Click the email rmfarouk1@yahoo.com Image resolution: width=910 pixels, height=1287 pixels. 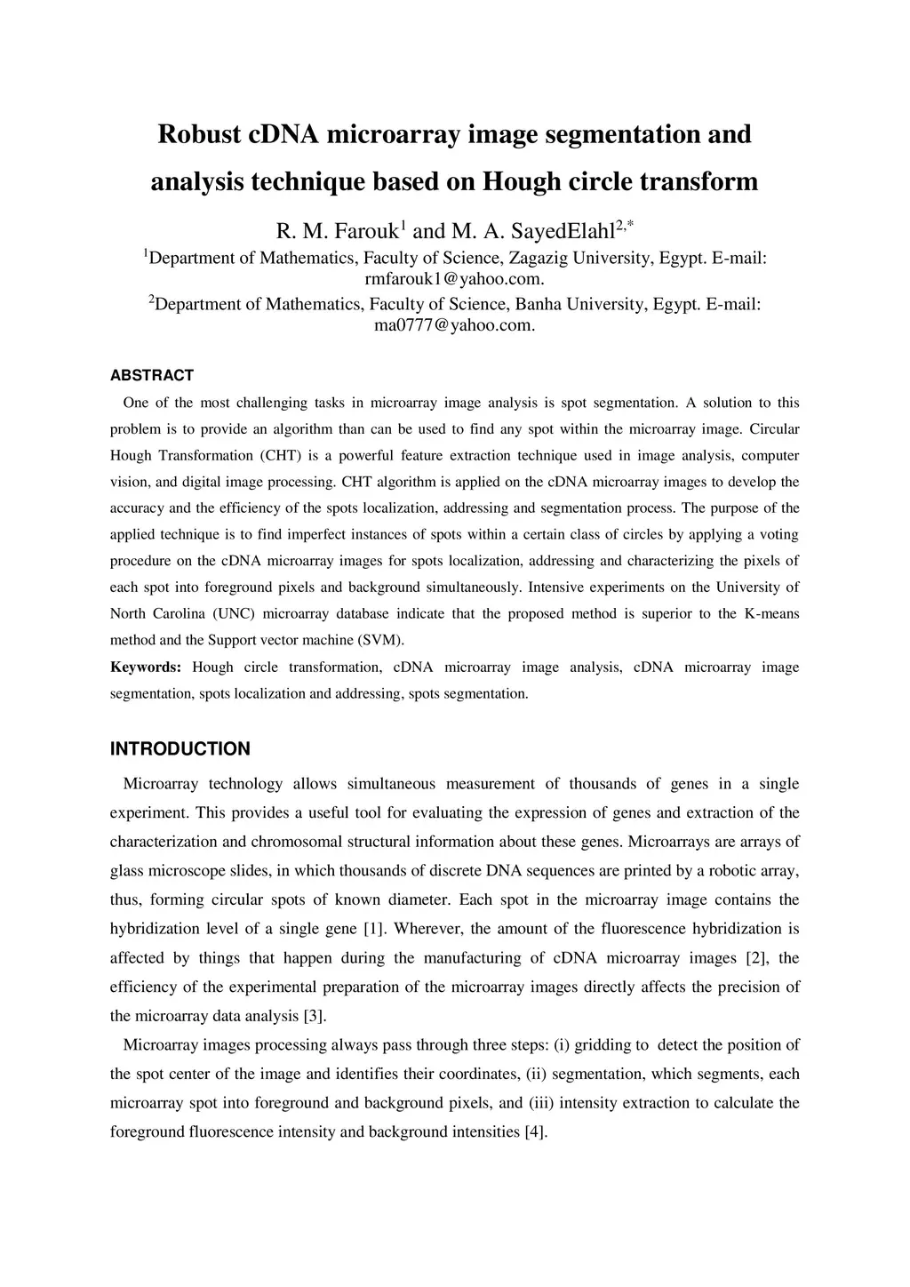pyautogui.click(x=454, y=278)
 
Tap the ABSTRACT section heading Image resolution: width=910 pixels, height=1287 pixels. pyautogui.click(x=152, y=376)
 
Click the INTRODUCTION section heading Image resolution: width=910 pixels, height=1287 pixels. pyautogui.click(x=180, y=749)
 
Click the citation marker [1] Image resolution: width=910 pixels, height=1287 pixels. pyautogui.click(x=373, y=929)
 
